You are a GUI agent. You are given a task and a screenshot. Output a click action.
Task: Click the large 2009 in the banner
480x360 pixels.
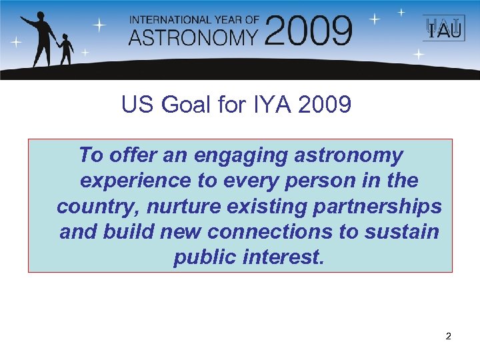(309, 31)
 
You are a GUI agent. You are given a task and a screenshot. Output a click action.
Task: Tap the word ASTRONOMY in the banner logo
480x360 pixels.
(193, 37)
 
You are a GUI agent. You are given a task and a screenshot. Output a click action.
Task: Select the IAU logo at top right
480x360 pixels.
(441, 29)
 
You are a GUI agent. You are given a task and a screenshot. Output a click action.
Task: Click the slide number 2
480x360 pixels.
(448, 337)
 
